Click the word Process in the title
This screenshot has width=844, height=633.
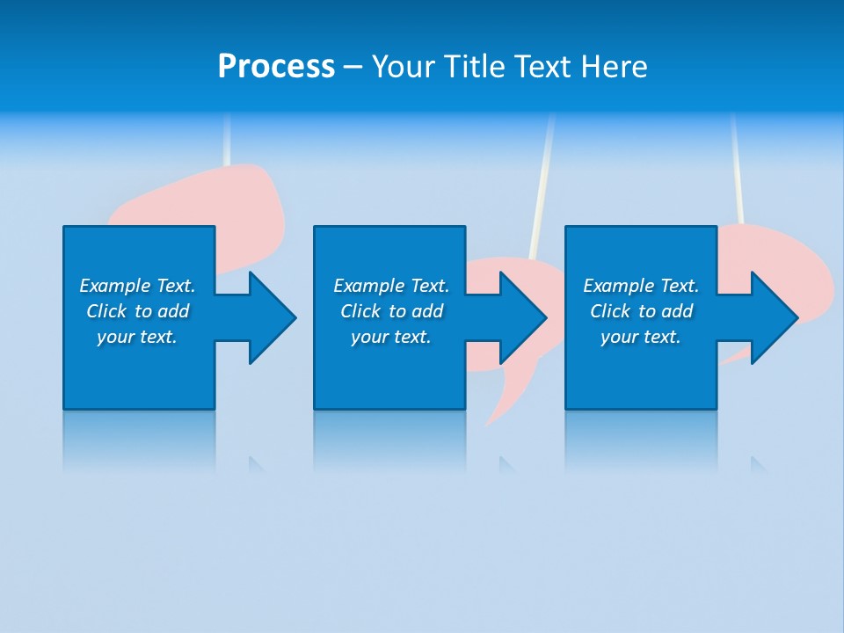click(x=276, y=67)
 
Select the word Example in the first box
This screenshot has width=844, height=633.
click(x=115, y=286)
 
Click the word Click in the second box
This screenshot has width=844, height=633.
click(x=360, y=311)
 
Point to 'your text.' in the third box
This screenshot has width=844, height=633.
click(x=640, y=337)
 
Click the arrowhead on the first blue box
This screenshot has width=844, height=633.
click(x=268, y=317)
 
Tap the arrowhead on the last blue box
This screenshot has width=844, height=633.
click(x=770, y=317)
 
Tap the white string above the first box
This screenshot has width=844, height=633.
click(x=228, y=141)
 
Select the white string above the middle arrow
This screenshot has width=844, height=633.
click(x=542, y=185)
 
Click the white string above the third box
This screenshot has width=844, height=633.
click(x=736, y=167)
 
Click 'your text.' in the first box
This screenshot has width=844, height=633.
click(x=136, y=337)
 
